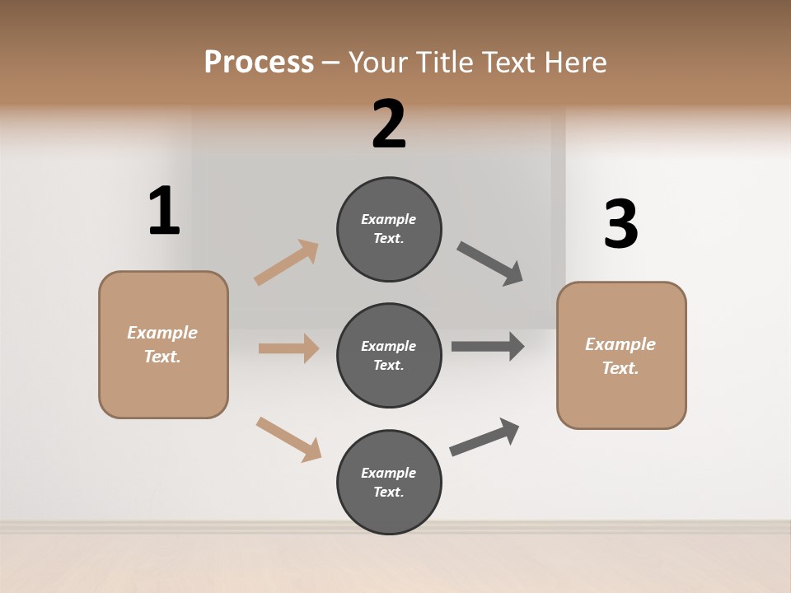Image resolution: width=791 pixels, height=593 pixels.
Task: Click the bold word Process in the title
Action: tap(259, 62)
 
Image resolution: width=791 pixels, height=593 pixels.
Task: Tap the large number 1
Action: tap(164, 211)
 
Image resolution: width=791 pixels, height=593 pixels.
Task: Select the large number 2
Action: tap(389, 124)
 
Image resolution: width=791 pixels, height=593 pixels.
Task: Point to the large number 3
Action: tap(620, 224)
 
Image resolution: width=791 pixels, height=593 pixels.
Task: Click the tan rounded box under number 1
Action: tap(163, 344)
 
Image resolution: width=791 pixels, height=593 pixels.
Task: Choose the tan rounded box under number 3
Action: tap(621, 356)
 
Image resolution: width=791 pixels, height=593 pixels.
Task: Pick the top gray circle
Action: tap(389, 229)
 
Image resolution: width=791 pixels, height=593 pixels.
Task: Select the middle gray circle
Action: tap(389, 355)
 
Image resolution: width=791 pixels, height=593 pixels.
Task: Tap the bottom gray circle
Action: tap(389, 482)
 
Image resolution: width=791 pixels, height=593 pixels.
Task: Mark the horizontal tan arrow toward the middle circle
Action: tap(288, 348)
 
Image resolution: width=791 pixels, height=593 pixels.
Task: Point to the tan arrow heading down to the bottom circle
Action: tap(288, 438)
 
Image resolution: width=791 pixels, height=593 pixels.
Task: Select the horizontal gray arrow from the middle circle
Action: tap(488, 347)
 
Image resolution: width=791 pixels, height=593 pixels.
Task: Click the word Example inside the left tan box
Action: tap(162, 333)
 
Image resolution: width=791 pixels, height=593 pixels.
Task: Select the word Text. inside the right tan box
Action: tap(620, 368)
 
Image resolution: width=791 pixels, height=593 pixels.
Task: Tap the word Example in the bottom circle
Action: tap(388, 473)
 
